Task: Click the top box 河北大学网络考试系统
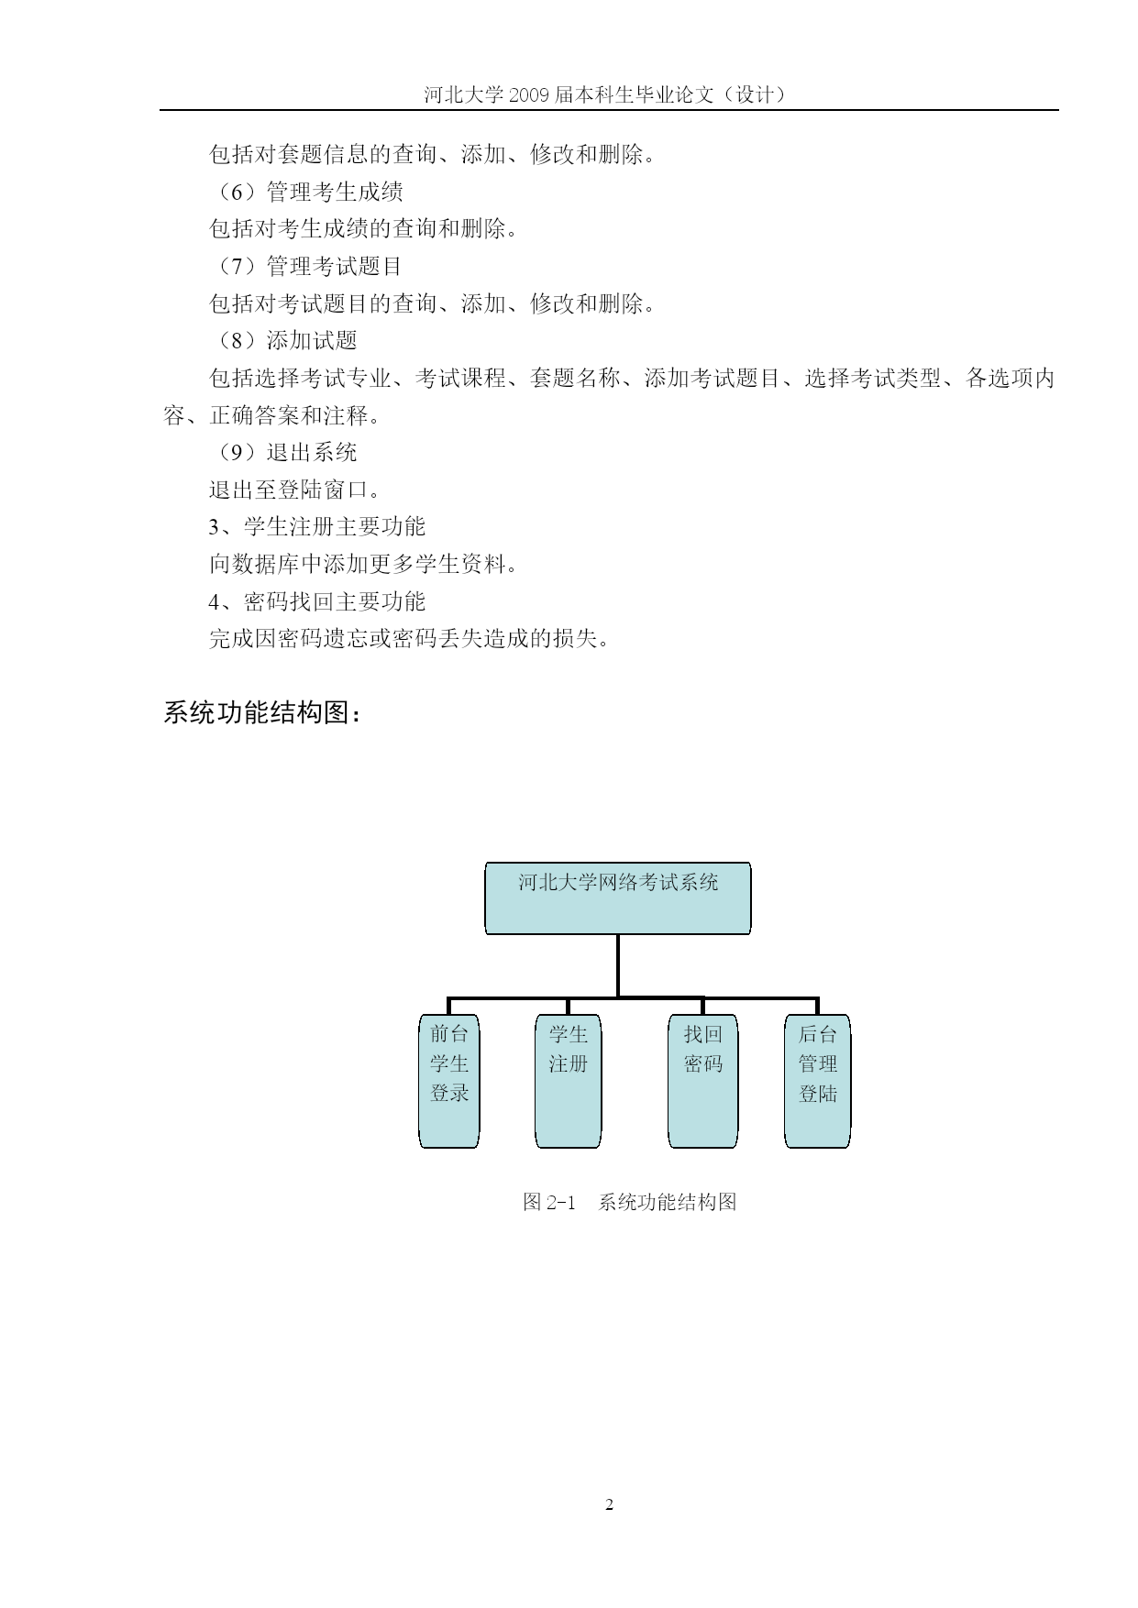click(617, 898)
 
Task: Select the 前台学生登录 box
click(449, 1080)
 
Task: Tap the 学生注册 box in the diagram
click(568, 1080)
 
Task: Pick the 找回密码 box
click(702, 1080)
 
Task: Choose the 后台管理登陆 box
click(817, 1080)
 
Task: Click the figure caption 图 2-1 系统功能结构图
click(629, 1202)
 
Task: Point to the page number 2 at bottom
click(610, 1504)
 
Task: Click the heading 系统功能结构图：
click(262, 712)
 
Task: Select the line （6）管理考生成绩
click(307, 192)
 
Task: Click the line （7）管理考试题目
click(307, 266)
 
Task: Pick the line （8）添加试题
click(284, 340)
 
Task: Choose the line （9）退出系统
click(284, 452)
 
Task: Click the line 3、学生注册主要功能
click(317, 526)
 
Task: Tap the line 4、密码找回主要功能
click(317, 601)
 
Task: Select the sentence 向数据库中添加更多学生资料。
click(364, 564)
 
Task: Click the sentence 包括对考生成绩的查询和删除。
click(364, 228)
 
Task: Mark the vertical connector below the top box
click(618, 965)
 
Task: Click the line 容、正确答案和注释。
click(272, 415)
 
